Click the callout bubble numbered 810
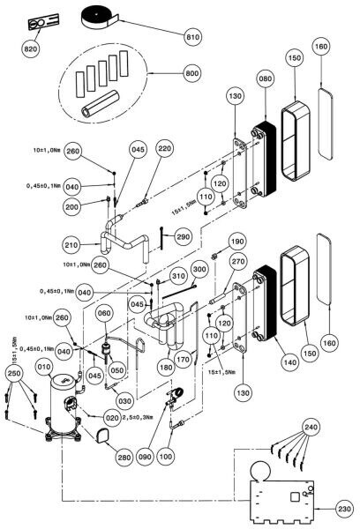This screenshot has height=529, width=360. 193,36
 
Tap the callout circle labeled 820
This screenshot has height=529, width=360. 31,49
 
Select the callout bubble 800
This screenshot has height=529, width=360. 191,73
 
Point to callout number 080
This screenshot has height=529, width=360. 265,78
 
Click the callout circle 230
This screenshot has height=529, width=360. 344,509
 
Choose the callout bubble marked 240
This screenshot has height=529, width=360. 311,428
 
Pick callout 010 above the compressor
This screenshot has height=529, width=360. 45,367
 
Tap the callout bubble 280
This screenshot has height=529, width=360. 124,458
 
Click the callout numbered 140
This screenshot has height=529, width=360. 290,362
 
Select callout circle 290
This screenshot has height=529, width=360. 183,237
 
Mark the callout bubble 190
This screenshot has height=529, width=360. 237,242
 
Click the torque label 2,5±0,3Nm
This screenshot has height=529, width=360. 137,417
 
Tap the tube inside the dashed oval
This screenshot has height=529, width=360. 101,103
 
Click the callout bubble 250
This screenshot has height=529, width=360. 14,374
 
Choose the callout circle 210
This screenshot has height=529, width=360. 71,245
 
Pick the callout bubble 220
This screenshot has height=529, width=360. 164,149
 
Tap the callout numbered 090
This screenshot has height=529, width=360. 146,457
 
